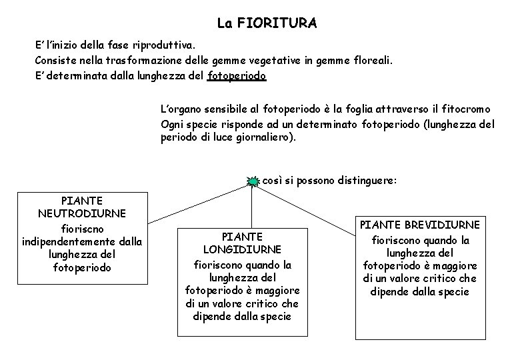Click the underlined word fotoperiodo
(237, 75)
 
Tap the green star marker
(253, 181)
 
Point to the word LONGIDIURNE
(242, 250)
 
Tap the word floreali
(373, 61)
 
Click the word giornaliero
(263, 137)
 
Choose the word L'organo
(179, 109)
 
